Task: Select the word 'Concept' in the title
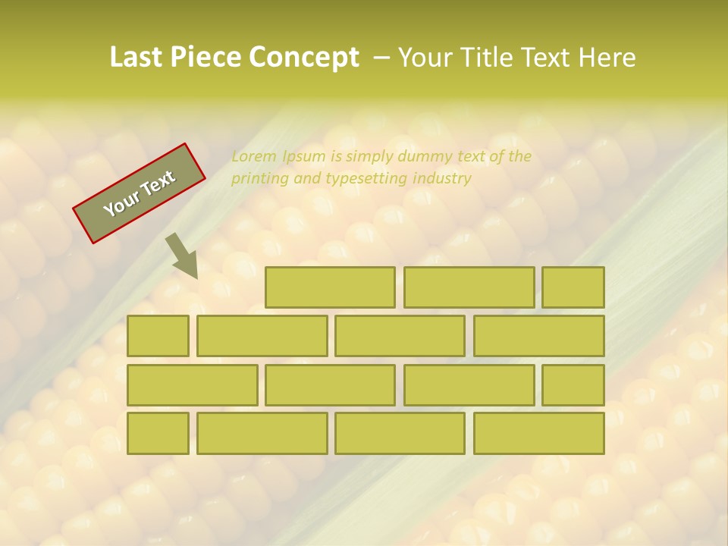pyautogui.click(x=304, y=58)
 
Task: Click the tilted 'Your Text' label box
pyautogui.click(x=140, y=193)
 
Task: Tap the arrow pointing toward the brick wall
pyautogui.click(x=182, y=256)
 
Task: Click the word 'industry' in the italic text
pyautogui.click(x=442, y=179)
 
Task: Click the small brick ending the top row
pyautogui.click(x=573, y=287)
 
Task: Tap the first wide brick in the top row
pyautogui.click(x=330, y=287)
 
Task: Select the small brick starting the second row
pyautogui.click(x=158, y=336)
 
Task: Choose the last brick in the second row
pyautogui.click(x=539, y=336)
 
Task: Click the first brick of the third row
pyautogui.click(x=192, y=384)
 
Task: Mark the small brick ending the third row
pyautogui.click(x=573, y=384)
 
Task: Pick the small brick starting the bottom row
pyautogui.click(x=158, y=433)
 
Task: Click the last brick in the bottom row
pyautogui.click(x=539, y=433)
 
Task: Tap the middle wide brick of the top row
pyautogui.click(x=469, y=287)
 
